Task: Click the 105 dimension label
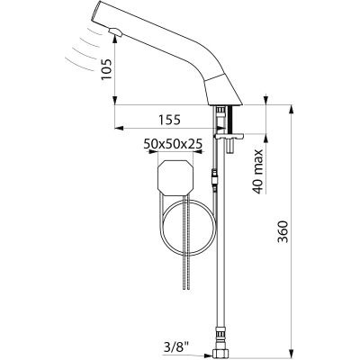tap(106, 69)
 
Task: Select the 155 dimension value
tap(170, 120)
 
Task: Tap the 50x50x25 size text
tap(173, 144)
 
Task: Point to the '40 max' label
tap(258, 171)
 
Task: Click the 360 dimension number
tap(283, 231)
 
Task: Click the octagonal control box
tap(175, 178)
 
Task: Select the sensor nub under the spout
tap(115, 31)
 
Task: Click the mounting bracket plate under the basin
tap(229, 136)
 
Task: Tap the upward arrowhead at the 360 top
tap(291, 109)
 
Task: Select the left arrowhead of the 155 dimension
tap(120, 128)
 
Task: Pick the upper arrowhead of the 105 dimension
tap(115, 39)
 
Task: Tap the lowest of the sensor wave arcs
tap(78, 65)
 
